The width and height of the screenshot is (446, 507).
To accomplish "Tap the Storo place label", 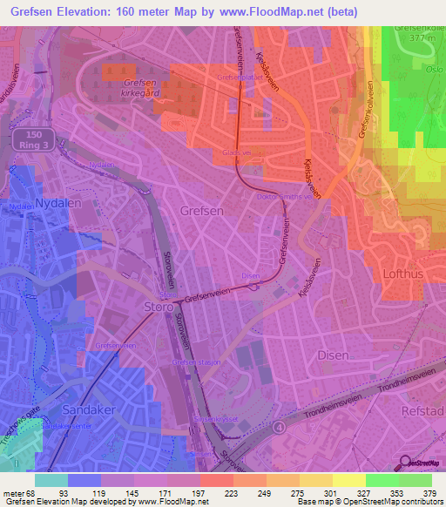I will (x=160, y=307).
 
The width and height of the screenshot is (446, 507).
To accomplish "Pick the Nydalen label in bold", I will (x=34, y=205).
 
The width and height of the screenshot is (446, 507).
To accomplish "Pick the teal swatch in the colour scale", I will (x=51, y=480).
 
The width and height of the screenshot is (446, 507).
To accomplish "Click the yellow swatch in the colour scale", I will (x=348, y=480).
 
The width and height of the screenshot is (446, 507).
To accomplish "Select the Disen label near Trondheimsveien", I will (x=333, y=355).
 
